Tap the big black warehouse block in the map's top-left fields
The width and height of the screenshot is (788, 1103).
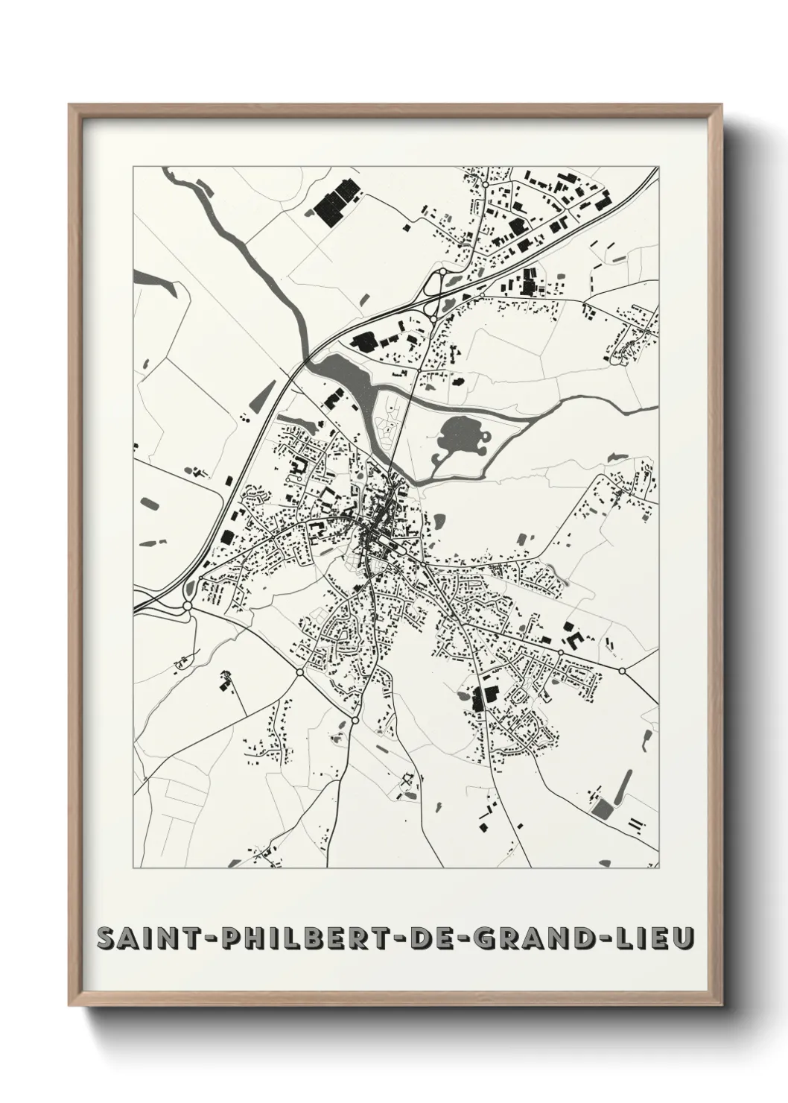(x=333, y=206)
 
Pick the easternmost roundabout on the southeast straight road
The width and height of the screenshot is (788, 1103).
(x=622, y=670)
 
